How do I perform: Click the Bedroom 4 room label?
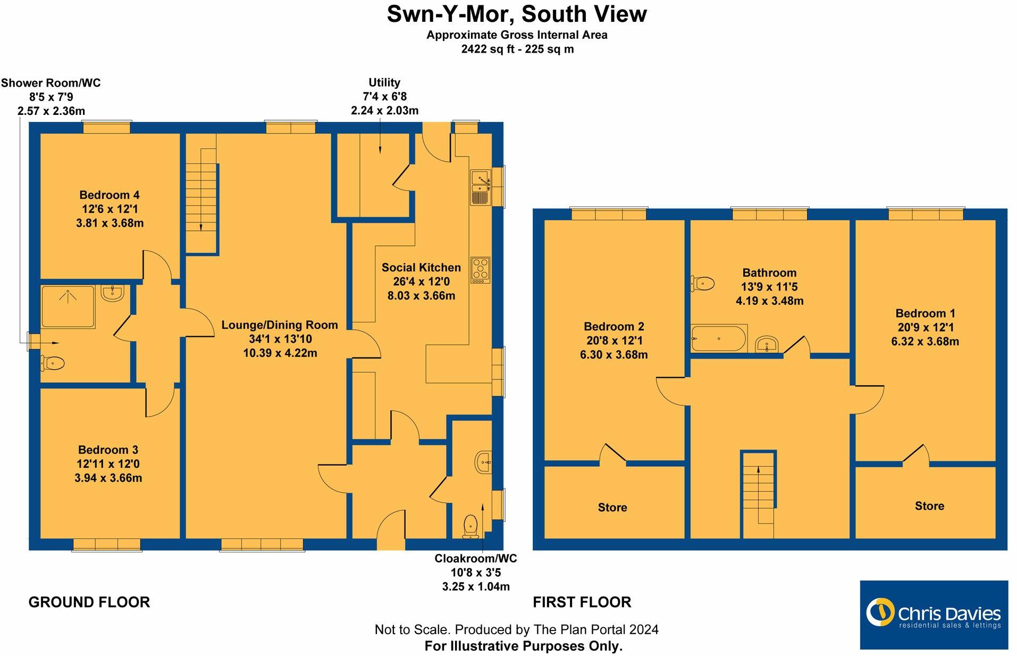[x=110, y=195]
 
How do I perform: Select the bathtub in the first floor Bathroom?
[x=719, y=338]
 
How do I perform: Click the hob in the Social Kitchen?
[x=480, y=270]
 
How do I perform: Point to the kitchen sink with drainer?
[x=480, y=187]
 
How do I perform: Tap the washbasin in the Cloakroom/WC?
[x=484, y=462]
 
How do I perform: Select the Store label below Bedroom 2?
[x=612, y=508]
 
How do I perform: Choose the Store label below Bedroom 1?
[x=929, y=506]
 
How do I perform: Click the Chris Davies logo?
[x=934, y=615]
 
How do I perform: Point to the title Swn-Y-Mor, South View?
[x=516, y=14]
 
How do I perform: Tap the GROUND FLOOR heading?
[x=89, y=602]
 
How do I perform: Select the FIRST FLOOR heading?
[x=582, y=602]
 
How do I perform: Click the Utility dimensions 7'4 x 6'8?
[x=384, y=96]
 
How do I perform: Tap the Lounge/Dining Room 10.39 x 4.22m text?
[x=280, y=353]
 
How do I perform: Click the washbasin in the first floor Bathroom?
[x=767, y=344]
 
